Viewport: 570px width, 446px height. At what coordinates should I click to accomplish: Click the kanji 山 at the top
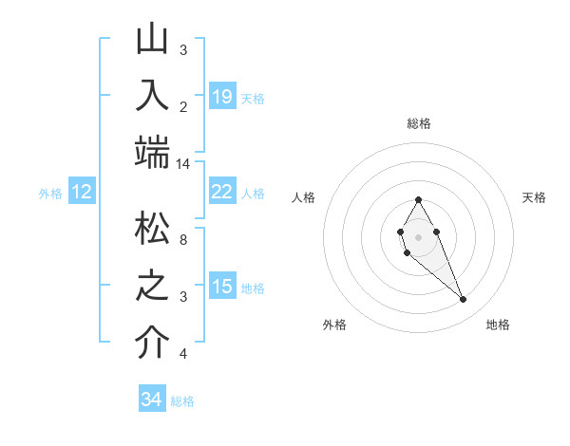(152, 41)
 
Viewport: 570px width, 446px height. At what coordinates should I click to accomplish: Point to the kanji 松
(152, 230)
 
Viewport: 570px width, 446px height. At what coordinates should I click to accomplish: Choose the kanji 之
(152, 286)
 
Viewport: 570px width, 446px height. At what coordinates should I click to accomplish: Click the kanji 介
(152, 342)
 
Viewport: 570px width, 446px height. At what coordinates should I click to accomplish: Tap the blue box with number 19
(221, 96)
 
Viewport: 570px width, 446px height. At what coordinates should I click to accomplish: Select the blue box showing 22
(221, 192)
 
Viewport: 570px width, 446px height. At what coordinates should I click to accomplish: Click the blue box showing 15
(221, 287)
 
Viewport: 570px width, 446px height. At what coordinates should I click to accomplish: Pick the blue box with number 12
(82, 192)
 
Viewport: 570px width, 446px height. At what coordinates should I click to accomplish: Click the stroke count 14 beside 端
(183, 163)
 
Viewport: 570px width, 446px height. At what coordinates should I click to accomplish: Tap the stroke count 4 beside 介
(183, 354)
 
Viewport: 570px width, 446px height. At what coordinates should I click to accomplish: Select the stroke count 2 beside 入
(183, 105)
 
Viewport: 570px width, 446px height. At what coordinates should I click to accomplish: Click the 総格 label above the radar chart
(419, 123)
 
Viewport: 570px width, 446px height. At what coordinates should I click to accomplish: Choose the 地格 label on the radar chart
(498, 325)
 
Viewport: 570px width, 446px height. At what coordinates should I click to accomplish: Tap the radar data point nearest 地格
(464, 300)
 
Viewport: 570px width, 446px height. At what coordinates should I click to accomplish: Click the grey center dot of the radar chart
(419, 236)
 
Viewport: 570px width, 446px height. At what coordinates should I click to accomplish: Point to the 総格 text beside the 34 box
(182, 401)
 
